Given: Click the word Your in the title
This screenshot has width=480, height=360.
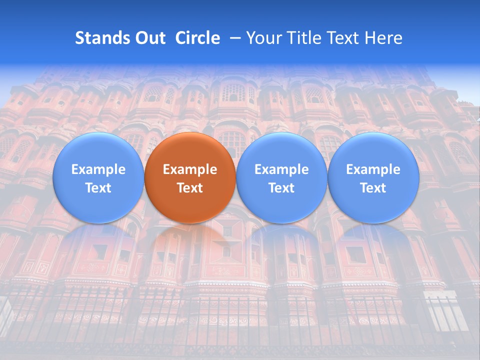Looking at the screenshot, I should coord(262,38).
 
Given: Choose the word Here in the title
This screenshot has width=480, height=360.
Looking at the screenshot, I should coord(385,38).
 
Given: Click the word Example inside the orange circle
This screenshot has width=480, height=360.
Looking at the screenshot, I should coord(190,169).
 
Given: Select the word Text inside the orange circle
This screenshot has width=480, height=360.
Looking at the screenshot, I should coord(190,188).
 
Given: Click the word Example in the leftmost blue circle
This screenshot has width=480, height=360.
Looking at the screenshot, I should coord(98,169).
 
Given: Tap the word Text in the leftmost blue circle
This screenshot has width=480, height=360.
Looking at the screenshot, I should coord(98,188).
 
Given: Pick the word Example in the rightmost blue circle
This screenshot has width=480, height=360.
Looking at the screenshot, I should coord(373,169).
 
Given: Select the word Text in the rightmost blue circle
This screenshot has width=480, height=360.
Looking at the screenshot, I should coord(373,188).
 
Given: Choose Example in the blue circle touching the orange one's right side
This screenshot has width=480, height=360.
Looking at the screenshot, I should coord(281,169).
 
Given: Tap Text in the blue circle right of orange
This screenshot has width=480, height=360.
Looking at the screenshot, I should coord(281,188).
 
